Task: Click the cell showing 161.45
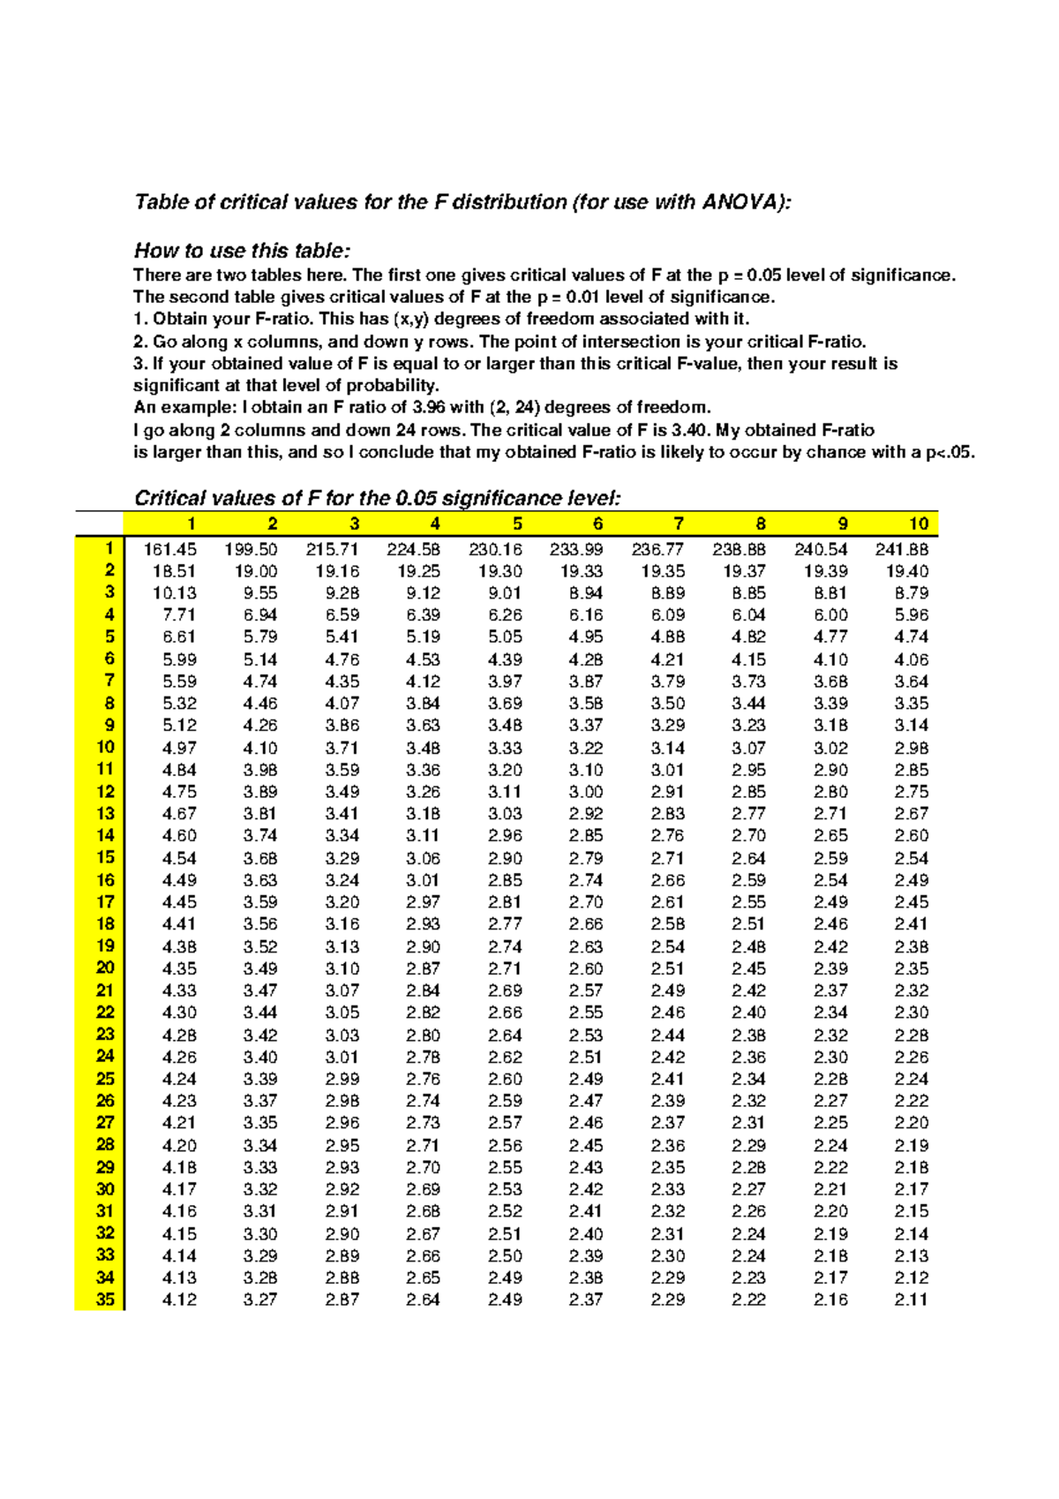170,549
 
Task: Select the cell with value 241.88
902,549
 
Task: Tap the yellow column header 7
678,524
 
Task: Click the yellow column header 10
919,524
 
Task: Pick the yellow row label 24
105,1056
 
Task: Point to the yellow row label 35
105,1299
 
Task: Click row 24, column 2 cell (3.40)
260,1057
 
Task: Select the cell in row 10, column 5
505,748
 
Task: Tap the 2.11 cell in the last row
911,1299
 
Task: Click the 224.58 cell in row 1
414,549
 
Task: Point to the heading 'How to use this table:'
242,251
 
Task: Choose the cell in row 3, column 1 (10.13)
175,593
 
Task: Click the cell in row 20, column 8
748,968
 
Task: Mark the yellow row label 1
109,548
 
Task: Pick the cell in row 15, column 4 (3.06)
423,858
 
